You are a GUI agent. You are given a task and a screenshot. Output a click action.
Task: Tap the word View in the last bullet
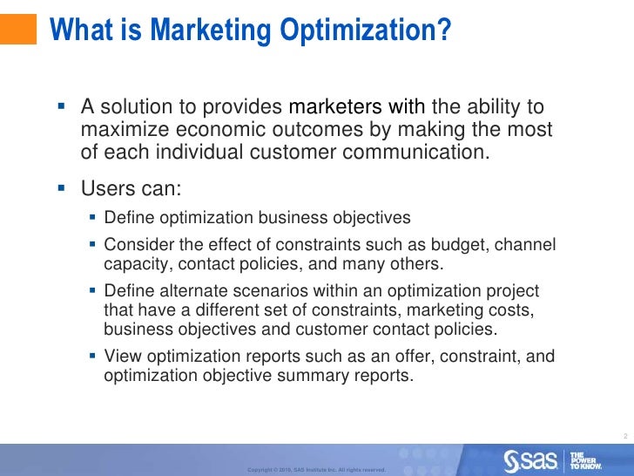(120, 357)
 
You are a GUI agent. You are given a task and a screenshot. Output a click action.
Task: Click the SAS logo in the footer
(530, 459)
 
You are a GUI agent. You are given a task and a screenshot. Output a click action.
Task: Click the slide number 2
(626, 435)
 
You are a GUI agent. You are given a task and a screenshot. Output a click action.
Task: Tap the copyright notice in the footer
(316, 470)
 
